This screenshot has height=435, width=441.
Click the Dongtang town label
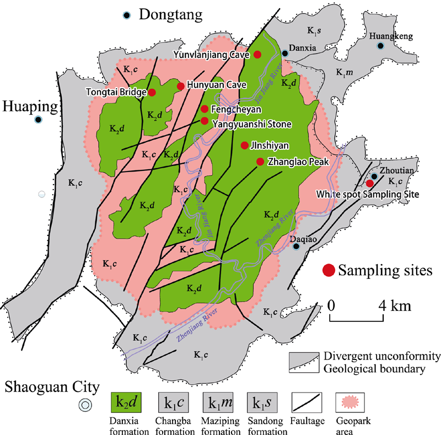pos(170,15)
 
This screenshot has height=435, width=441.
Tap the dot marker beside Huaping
pos(39,120)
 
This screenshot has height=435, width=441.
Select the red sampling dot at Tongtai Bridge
pos(152,92)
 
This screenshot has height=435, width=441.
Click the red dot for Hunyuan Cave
pos(180,85)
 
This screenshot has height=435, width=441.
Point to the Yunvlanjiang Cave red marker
pos(257,54)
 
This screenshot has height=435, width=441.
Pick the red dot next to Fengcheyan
pos(205,109)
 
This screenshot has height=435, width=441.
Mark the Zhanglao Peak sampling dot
pos(260,162)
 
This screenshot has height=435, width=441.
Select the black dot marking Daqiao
pos(296,246)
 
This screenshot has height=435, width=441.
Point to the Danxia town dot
pos(285,53)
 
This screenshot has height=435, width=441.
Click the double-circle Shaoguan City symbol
pos(85,405)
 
